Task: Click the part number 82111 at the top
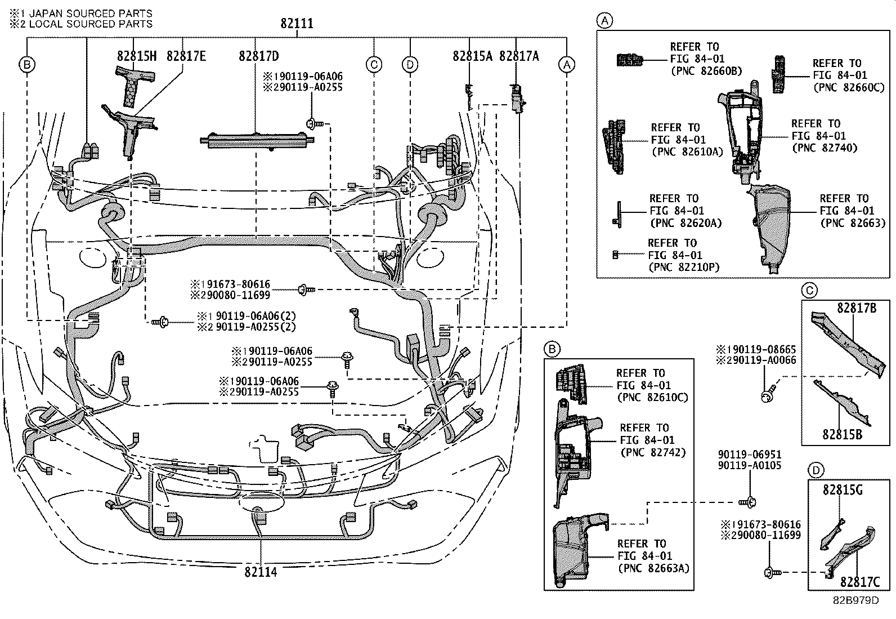pos(297,24)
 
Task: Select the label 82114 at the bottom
pos(261,572)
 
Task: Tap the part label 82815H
pos(136,56)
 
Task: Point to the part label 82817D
pos(258,56)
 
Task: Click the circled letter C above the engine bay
pos(374,64)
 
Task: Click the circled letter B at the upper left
pos(26,64)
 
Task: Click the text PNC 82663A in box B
pos(653,568)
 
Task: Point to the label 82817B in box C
pos(856,308)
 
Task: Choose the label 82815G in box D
pos(843,490)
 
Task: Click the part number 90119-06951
pos(749,455)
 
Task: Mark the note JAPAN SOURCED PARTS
pos(90,13)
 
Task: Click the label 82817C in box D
pos(859,582)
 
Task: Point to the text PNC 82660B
pos(706,71)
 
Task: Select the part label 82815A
pos(472,56)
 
